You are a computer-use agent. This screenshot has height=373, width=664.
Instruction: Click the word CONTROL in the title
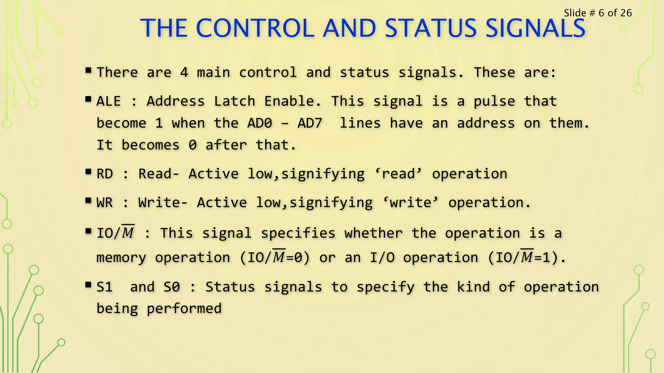pyautogui.click(x=255, y=28)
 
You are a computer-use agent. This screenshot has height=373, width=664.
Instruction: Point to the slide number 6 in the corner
pyautogui.click(x=601, y=13)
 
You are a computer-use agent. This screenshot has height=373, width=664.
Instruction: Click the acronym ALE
pyautogui.click(x=109, y=101)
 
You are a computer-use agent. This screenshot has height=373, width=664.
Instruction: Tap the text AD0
pyautogui.click(x=260, y=123)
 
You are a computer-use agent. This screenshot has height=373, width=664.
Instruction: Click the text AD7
pyautogui.click(x=310, y=123)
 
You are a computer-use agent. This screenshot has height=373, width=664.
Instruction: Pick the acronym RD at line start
pyautogui.click(x=105, y=174)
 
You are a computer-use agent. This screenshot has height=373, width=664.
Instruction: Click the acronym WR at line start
pyautogui.click(x=105, y=203)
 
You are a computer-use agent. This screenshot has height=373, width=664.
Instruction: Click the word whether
pyautogui.click(x=373, y=233)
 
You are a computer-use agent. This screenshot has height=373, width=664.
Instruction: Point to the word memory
pyautogui.click(x=121, y=258)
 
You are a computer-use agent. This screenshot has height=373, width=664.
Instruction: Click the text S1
pyautogui.click(x=105, y=287)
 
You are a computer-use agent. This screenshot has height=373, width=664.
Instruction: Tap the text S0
pyautogui.click(x=172, y=287)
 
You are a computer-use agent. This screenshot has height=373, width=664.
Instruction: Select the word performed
pyautogui.click(x=184, y=309)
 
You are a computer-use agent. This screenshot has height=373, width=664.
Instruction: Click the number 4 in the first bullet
pyautogui.click(x=184, y=72)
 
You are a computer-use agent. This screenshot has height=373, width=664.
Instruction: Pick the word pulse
pyautogui.click(x=494, y=101)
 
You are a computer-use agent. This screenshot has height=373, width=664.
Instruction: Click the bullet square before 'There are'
pyautogui.click(x=88, y=70)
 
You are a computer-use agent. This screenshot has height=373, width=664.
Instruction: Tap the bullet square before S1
pyautogui.click(x=88, y=285)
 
